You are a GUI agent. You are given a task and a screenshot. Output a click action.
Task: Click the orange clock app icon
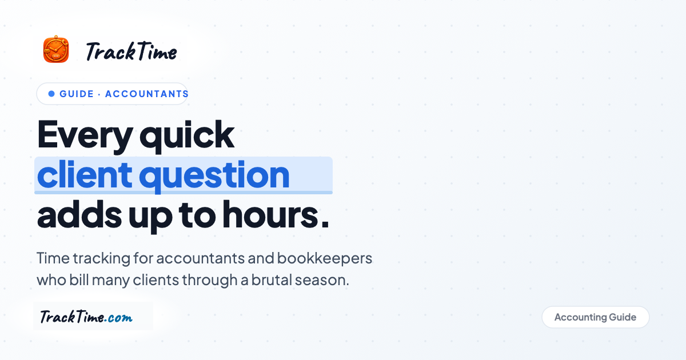(56, 49)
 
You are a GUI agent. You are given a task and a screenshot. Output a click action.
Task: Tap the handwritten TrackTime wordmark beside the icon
(131, 51)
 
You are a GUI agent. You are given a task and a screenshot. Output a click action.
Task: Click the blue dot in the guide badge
(51, 94)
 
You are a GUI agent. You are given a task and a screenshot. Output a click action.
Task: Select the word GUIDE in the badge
(77, 94)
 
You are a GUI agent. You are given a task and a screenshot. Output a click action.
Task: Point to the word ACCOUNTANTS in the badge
(147, 94)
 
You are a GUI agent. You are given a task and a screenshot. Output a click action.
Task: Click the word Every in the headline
(85, 135)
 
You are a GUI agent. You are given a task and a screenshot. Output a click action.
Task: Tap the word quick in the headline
(187, 135)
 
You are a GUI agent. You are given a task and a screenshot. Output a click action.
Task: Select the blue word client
(85, 174)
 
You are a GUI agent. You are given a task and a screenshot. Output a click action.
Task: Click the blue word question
(214, 176)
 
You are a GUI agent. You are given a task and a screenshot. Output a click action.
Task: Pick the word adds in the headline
(79, 214)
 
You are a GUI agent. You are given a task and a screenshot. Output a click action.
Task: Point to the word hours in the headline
(270, 214)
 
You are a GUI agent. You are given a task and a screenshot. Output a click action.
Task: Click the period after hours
(325, 225)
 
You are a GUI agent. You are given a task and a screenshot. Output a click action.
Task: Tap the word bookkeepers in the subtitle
(325, 258)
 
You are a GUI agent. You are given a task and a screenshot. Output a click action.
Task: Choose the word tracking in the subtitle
(101, 259)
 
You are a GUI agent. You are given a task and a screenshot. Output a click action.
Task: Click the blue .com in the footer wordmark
(118, 318)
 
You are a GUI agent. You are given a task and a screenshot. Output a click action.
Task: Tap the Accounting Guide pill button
(595, 317)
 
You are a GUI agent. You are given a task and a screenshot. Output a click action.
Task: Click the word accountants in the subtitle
(201, 258)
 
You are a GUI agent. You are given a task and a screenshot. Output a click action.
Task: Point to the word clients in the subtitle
(155, 279)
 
